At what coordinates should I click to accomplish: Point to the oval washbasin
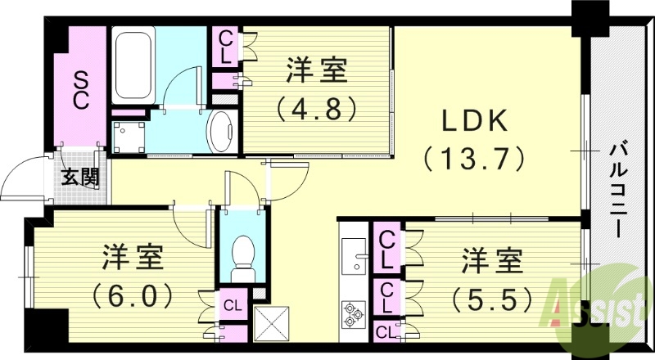(x=222, y=131)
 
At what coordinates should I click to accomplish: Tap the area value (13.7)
(x=472, y=157)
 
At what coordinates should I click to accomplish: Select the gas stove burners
(x=355, y=313)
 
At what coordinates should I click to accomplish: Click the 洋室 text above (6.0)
(x=134, y=258)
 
